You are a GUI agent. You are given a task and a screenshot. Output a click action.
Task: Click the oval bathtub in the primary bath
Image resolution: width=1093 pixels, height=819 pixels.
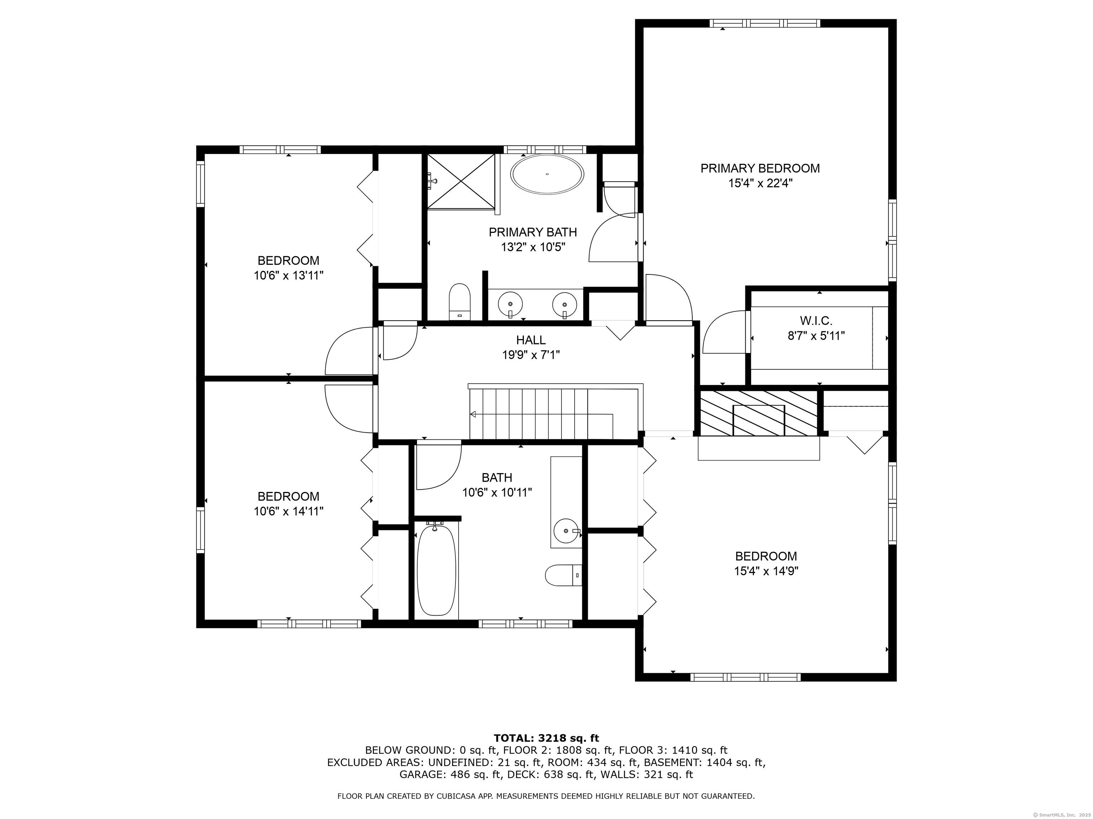click(x=547, y=174)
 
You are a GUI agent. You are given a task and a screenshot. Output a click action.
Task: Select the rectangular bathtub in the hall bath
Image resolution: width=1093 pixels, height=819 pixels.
click(x=436, y=570)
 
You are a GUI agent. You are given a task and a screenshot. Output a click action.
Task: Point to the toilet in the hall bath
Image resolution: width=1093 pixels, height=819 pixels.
click(x=563, y=575)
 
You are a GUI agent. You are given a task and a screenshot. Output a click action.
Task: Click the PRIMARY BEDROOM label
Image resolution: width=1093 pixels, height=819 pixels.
click(x=760, y=168)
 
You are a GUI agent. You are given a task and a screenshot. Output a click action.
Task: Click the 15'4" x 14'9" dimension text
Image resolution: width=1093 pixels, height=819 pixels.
click(x=766, y=571)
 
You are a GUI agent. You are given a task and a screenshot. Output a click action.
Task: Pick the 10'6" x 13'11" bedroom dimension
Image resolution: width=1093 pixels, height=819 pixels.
click(x=289, y=275)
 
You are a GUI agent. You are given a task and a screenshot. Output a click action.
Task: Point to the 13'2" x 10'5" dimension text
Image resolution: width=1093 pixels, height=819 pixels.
click(x=533, y=247)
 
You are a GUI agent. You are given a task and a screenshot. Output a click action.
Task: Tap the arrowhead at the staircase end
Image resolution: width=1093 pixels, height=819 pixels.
click(x=473, y=414)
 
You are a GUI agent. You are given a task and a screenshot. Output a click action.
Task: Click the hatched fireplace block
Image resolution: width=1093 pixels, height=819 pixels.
click(x=759, y=413)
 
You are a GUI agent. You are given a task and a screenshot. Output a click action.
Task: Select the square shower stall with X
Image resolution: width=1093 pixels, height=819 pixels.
click(x=461, y=181)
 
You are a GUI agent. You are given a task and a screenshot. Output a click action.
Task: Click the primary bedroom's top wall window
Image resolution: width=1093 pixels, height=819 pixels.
click(x=765, y=23)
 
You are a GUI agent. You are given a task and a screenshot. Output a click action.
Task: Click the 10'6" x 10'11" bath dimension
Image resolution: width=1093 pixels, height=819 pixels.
click(x=497, y=492)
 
